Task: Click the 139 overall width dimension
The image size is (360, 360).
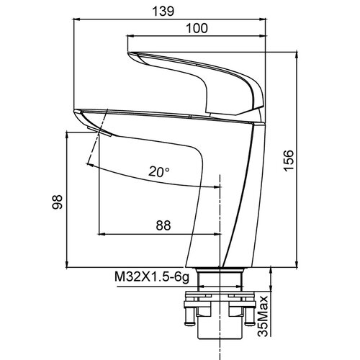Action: pyautogui.click(x=163, y=12)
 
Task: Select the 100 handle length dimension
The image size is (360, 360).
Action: pyautogui.click(x=197, y=28)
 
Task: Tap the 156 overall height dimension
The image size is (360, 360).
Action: pyautogui.click(x=289, y=161)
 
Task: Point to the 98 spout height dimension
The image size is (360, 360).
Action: pyautogui.click(x=58, y=202)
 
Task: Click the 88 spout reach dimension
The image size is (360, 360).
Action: pyautogui.click(x=163, y=225)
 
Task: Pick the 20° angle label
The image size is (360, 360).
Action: pyautogui.click(x=159, y=171)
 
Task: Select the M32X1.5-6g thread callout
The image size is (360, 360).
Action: pyautogui.click(x=152, y=277)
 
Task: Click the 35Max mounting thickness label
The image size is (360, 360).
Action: pyautogui.click(x=263, y=316)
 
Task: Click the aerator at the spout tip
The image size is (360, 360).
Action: pyautogui.click(x=99, y=132)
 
